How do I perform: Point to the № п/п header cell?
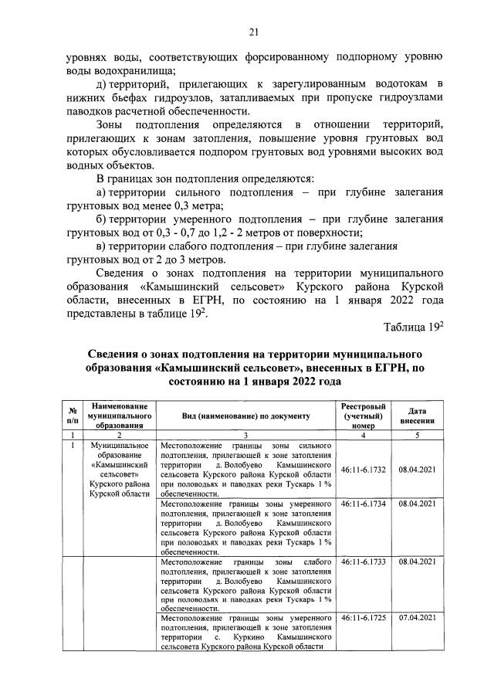click(x=72, y=416)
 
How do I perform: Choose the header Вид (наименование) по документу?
click(x=245, y=416)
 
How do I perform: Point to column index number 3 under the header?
click(x=245, y=436)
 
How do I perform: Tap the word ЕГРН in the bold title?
click(x=388, y=368)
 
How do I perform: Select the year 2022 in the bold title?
click(x=298, y=382)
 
